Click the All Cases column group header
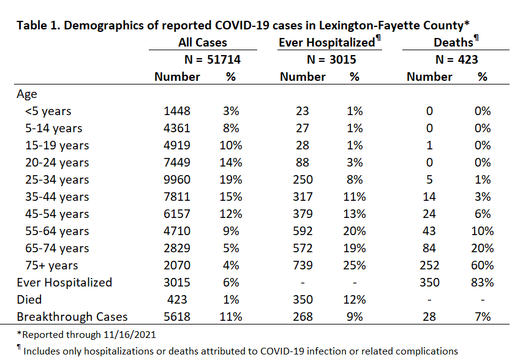tap(203, 42)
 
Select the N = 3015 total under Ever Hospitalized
tap(331, 59)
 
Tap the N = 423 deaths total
tap(457, 59)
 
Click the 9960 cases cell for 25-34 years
tap(177, 179)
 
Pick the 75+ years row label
tap(51, 265)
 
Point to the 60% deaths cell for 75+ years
tap(482, 265)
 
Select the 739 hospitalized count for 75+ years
tap(303, 265)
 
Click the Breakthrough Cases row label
tap(72, 317)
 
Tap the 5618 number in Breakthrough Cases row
tap(177, 317)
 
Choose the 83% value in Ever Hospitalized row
tap(482, 282)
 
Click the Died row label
tap(29, 299)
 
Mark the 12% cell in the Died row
tap(355, 299)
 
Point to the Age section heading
tap(27, 94)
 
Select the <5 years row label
tap(48, 111)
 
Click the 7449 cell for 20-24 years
tap(177, 163)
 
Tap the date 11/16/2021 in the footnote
tap(129, 335)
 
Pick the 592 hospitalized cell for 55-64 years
tap(303, 231)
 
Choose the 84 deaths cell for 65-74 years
tap(429, 248)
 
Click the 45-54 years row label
tap(57, 214)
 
